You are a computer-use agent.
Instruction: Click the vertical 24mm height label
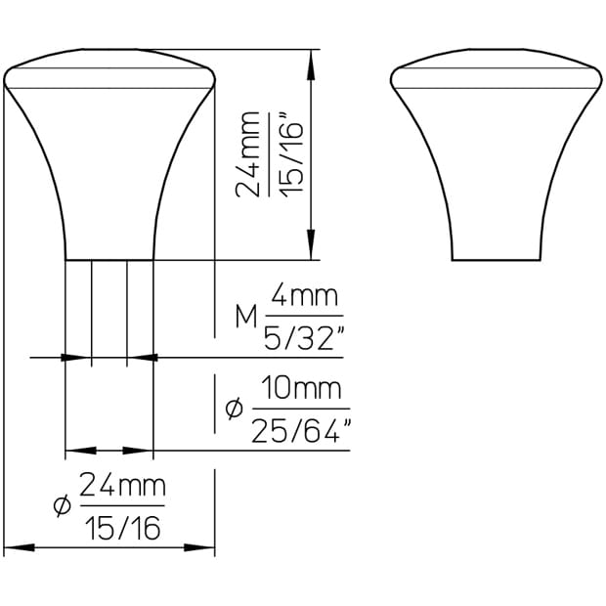pyautogui.click(x=248, y=154)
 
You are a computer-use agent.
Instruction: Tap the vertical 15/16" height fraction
pyautogui.click(x=291, y=154)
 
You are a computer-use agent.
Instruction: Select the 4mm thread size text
pyautogui.click(x=305, y=295)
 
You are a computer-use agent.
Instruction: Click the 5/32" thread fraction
pyautogui.click(x=304, y=338)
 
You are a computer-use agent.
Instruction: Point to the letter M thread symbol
pyautogui.click(x=246, y=316)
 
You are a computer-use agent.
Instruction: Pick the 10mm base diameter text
pyautogui.click(x=301, y=388)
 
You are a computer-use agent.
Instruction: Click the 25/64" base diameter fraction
pyautogui.click(x=301, y=430)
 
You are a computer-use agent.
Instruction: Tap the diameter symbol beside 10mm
pyautogui.click(x=235, y=409)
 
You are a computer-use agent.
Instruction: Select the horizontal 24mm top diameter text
pyautogui.click(x=122, y=485)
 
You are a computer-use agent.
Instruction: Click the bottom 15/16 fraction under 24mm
pyautogui.click(x=123, y=528)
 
